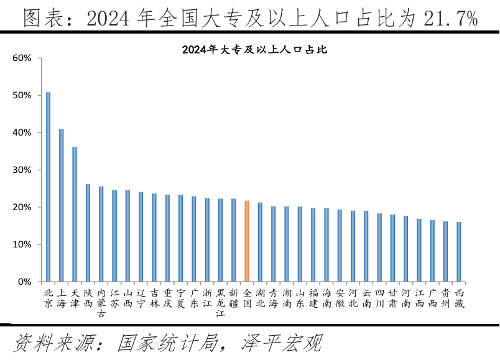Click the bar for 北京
coord(48,187)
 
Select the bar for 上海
coord(61,205)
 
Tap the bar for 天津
coord(75,214)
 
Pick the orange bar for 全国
coord(247,241)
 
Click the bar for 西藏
coord(459,252)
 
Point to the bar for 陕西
coord(88,233)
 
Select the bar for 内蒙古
coord(101,234)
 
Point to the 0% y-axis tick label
coord(24,282)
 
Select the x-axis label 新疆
coord(233,298)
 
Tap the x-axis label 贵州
coord(445,298)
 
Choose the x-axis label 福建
coord(313,298)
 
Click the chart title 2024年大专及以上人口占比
coord(254,50)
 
